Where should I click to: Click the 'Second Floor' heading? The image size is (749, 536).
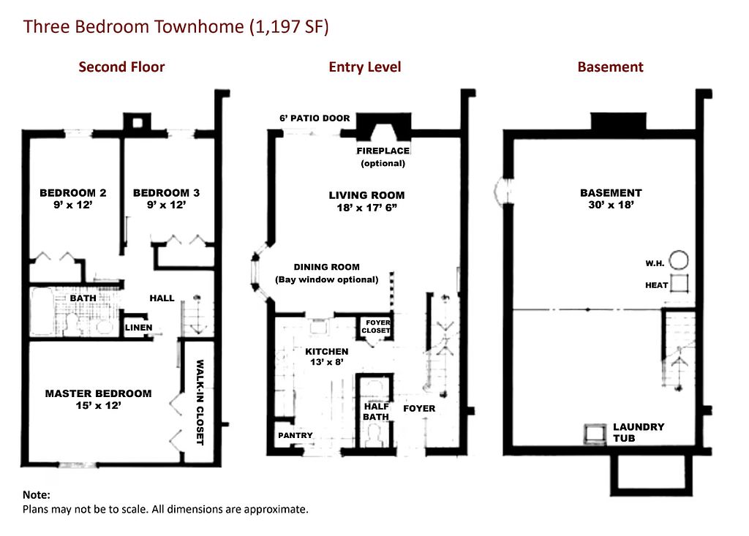pos(121,67)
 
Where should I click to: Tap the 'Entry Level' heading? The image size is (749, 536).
pos(364,67)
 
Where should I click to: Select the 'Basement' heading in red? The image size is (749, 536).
pos(610,67)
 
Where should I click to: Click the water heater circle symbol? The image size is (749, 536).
pos(678,260)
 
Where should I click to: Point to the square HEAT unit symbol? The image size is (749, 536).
pos(679,283)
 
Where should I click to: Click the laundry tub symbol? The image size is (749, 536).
pos(595,434)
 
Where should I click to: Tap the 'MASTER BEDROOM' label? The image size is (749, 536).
pos(99,393)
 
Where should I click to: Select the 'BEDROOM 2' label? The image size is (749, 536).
pos(72,193)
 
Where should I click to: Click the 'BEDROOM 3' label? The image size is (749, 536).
pos(166,193)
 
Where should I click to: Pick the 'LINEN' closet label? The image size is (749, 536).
pos(138,328)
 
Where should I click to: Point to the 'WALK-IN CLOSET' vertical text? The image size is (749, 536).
pos(200,402)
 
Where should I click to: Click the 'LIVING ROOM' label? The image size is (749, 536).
pos(366,195)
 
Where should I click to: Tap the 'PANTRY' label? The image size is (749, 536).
pos(296,435)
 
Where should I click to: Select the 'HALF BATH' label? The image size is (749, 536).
pos(377,411)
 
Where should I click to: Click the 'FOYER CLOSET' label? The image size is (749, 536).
pos(377,326)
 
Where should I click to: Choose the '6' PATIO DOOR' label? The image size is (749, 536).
pos(315,118)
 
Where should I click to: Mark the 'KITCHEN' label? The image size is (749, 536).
pos(327,352)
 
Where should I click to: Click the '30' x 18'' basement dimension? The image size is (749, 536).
pos(611,205)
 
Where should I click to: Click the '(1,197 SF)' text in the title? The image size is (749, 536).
pos(289,27)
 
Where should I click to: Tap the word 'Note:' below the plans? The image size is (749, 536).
pos(37,495)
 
